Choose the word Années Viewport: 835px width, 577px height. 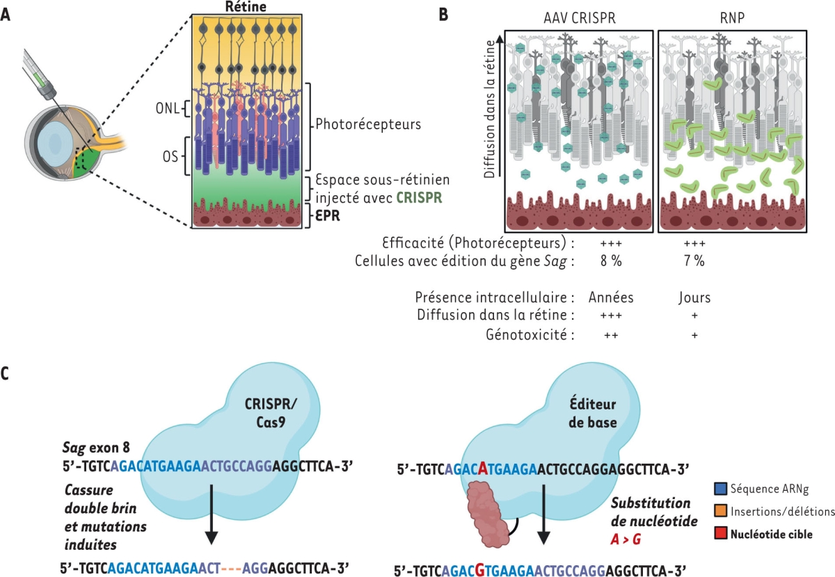(610, 298)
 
